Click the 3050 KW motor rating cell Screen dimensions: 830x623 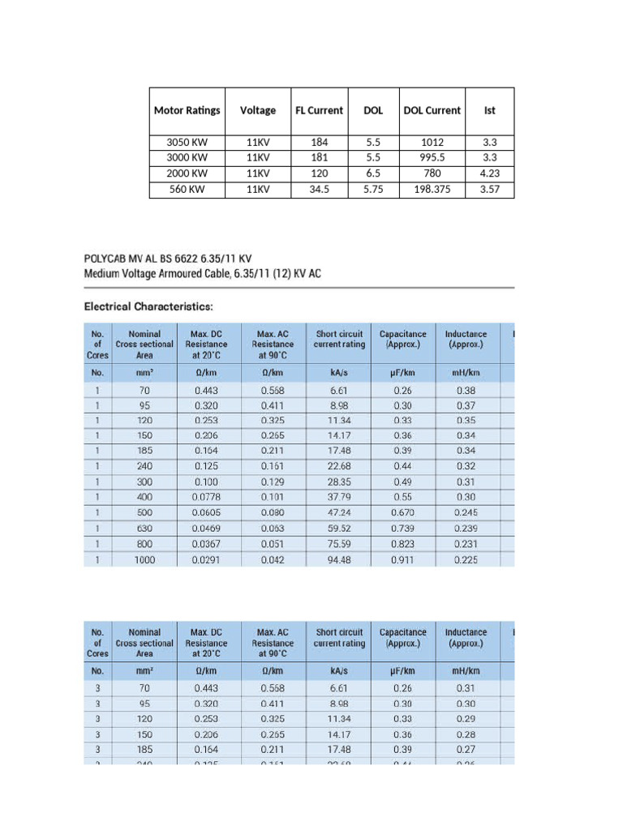point(187,142)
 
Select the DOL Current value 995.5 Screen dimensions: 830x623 point(432,157)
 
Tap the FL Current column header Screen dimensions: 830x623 point(319,110)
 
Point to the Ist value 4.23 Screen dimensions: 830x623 point(489,173)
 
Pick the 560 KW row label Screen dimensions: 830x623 point(187,190)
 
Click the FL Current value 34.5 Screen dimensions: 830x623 point(319,190)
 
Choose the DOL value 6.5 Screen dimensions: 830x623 point(373,173)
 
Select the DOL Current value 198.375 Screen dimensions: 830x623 point(432,190)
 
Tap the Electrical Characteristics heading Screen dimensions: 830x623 point(149,307)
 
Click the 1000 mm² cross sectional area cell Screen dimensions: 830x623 point(144,558)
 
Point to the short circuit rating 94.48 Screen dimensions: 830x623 point(338,558)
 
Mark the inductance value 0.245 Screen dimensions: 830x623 point(466,512)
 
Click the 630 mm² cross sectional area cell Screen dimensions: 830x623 point(144,528)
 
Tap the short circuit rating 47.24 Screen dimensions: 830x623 point(338,512)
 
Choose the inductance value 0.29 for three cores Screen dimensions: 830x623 point(466,718)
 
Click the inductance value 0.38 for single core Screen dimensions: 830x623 point(466,389)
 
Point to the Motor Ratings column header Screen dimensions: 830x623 point(187,110)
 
